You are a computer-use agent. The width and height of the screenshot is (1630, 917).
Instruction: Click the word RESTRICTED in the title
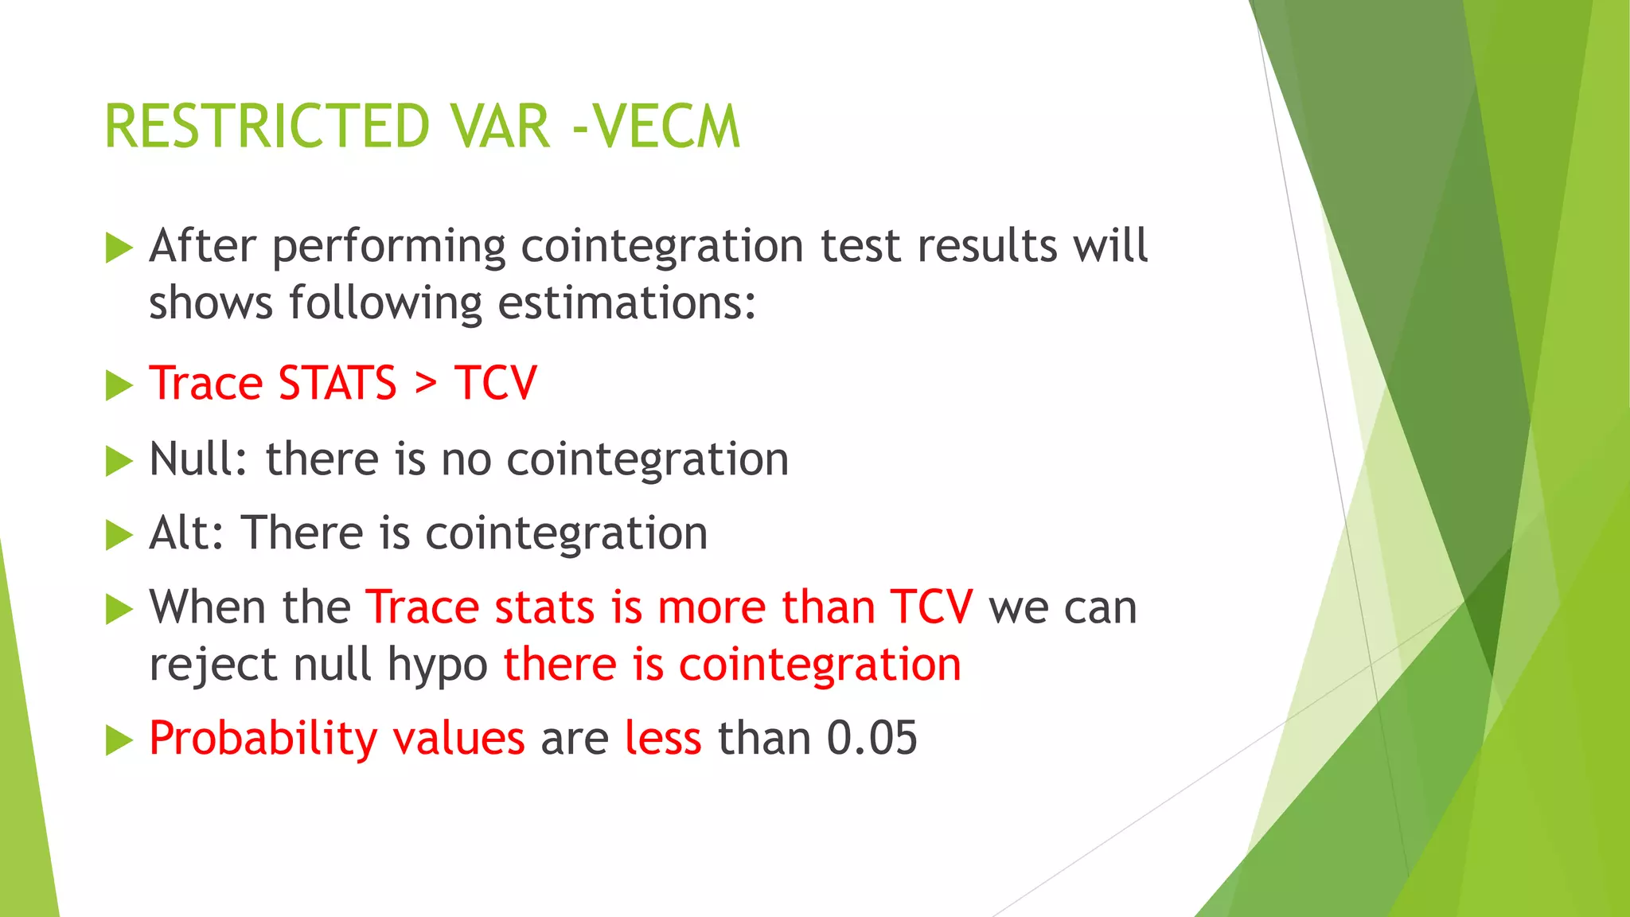point(267,127)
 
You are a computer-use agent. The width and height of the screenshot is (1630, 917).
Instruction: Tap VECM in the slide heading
point(667,127)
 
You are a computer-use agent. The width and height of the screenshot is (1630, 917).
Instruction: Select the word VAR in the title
point(499,127)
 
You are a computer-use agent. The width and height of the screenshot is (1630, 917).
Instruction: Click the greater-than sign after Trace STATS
point(426,384)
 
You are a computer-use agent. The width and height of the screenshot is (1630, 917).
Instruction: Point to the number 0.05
point(872,738)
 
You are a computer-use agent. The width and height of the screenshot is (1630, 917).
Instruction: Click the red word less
point(663,738)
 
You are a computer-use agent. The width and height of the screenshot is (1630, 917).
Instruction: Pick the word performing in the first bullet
point(389,247)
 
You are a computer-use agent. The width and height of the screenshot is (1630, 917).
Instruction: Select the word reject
point(213,665)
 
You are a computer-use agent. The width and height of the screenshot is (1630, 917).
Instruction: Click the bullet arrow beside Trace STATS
point(119,386)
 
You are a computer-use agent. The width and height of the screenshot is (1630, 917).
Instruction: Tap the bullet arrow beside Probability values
point(119,740)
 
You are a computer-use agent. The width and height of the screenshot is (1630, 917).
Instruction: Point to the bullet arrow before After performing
point(119,248)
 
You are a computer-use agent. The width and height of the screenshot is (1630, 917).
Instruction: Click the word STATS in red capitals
point(337,384)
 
